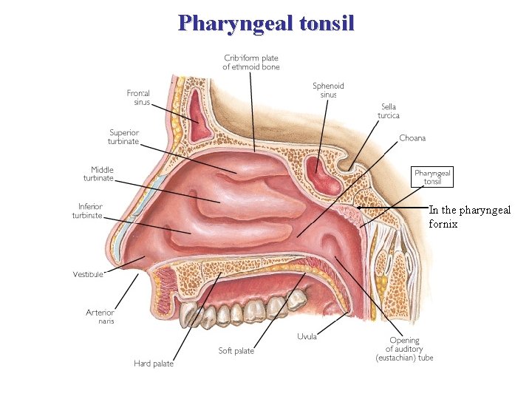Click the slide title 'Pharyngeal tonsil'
(266, 23)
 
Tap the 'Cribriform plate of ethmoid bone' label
(251, 62)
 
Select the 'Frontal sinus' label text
(138, 98)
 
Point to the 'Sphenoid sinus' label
(328, 90)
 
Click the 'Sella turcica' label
(389, 111)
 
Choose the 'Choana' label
(412, 138)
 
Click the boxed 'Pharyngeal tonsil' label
(432, 177)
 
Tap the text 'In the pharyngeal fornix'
(469, 216)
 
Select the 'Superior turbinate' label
(125, 137)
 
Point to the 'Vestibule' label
(88, 274)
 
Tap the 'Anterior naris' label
(100, 316)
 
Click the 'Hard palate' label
(154, 363)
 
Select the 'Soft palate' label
(236, 351)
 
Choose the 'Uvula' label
(307, 337)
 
